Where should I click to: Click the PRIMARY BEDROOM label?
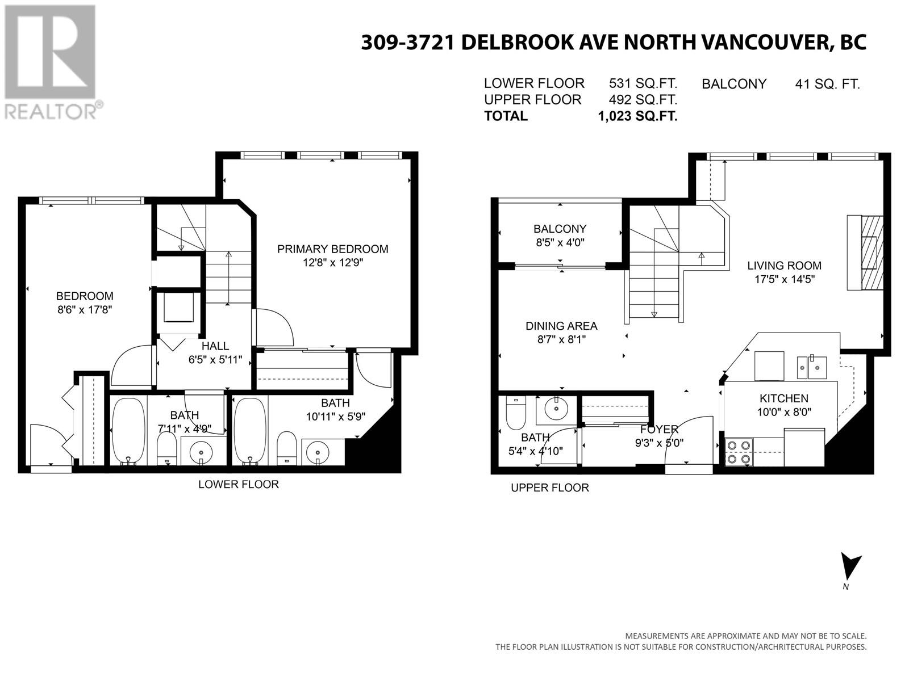coord(332,249)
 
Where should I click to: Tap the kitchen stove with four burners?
coord(739,452)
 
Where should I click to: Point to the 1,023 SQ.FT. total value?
coord(637,116)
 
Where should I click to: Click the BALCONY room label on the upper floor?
coord(560,229)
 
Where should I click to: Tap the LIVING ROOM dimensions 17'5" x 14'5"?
coord(785,279)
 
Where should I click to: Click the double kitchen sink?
coord(812,368)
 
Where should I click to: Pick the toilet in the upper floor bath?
coord(516,412)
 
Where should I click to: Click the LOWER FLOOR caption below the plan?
coord(239,484)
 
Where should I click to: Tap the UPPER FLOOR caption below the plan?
coord(549,487)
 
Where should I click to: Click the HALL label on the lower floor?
coord(215,346)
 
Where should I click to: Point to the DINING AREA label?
coord(561,326)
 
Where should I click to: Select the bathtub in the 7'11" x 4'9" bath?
coord(128,430)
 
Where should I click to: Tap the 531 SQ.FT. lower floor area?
coord(643,83)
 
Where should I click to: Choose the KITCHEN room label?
coord(783,398)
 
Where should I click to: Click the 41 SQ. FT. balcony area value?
coord(827,85)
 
